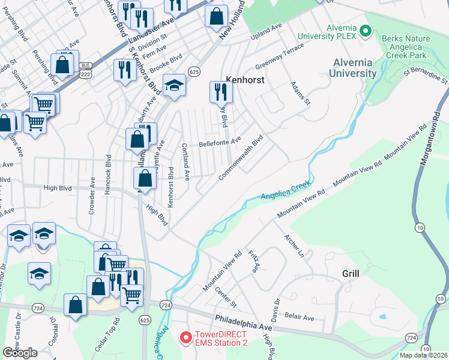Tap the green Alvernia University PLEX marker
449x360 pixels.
366,31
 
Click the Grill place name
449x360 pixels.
351,273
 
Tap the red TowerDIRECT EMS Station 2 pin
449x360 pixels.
187,338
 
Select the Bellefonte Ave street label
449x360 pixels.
220,142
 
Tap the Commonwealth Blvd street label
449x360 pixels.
240,158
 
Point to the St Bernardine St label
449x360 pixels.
426,76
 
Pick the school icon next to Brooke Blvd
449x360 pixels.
174,85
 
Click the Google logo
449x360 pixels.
20,352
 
